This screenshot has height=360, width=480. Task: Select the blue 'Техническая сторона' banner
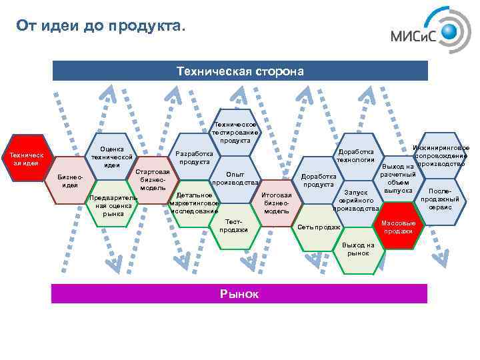(x=240, y=71)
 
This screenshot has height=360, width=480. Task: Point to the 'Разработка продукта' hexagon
(x=194, y=157)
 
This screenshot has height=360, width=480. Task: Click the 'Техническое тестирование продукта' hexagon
(x=235, y=131)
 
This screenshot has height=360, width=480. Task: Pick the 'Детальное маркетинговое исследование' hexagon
(x=194, y=203)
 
